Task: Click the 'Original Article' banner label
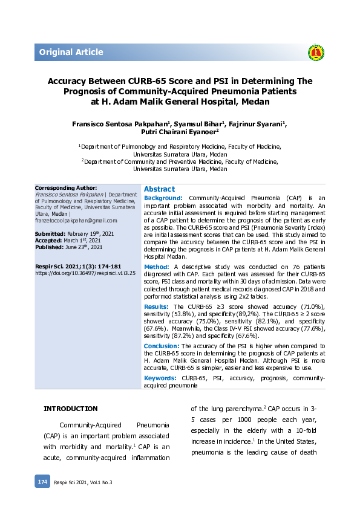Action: tap(71, 52)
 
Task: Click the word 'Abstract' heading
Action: tap(159, 189)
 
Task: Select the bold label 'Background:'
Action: tap(163, 198)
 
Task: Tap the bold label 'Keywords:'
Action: tap(160, 378)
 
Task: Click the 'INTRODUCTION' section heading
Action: tap(70, 409)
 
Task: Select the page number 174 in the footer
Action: tap(42, 482)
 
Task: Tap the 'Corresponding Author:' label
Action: tap(66, 188)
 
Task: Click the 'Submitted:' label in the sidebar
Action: tap(50, 233)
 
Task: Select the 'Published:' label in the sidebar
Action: tap(50, 247)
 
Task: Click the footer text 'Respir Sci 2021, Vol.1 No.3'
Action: tap(83, 482)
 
